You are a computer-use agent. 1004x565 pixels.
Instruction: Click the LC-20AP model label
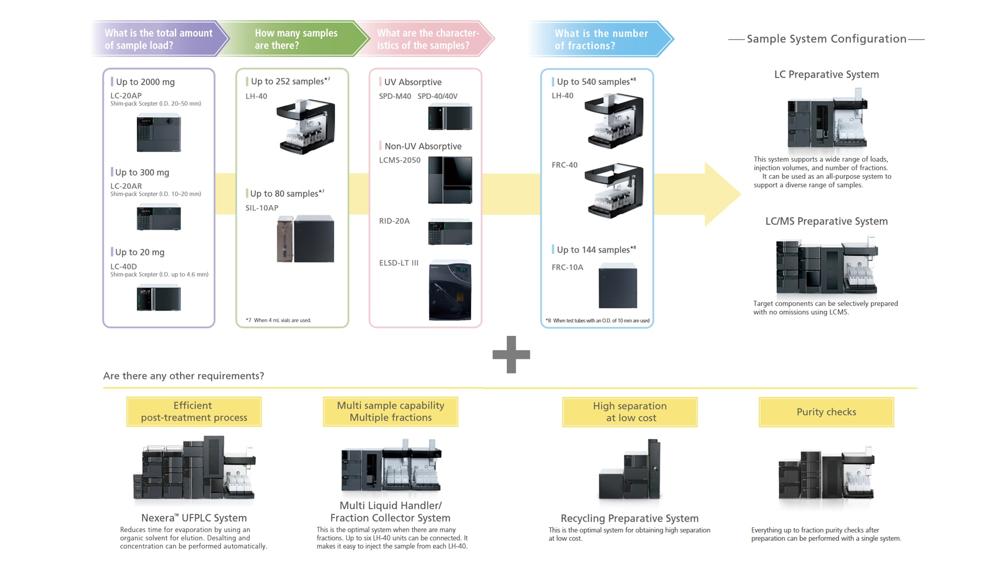point(126,96)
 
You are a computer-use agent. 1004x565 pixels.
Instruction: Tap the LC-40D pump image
point(158,298)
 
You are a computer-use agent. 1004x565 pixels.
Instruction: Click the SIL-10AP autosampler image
point(305,239)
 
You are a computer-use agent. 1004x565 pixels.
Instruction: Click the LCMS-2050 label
point(400,160)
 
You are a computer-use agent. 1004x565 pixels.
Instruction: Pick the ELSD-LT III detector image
point(450,290)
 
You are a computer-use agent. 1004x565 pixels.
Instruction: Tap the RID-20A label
point(394,221)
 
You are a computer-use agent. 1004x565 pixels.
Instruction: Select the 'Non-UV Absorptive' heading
point(423,146)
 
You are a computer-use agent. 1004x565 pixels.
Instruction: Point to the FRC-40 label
point(564,165)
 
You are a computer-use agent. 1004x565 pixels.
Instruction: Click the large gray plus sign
point(511,355)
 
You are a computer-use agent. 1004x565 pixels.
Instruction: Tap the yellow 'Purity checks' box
point(826,412)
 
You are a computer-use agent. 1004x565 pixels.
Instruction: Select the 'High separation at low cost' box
point(630,412)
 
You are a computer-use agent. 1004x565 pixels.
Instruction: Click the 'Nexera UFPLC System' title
point(193,517)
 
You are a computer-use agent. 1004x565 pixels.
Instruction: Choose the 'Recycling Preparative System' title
point(629,518)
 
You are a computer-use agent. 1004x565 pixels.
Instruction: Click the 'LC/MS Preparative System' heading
point(826,221)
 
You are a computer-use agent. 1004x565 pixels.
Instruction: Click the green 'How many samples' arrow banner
point(295,39)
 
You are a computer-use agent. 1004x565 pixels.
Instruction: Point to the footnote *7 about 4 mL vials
point(279,320)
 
